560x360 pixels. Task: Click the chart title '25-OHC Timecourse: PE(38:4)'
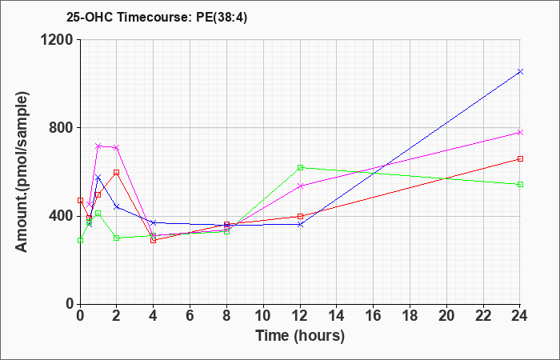[157, 17]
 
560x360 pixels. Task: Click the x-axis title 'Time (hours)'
[300, 336]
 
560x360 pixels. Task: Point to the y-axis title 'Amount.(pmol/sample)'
[22, 172]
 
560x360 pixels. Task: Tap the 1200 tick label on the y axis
[56, 39]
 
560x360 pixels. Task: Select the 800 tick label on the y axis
[60, 127]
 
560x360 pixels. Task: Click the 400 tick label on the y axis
[60, 216]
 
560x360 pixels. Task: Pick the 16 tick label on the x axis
[374, 316]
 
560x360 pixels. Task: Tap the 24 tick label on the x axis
[520, 316]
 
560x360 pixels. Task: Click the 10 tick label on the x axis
[263, 316]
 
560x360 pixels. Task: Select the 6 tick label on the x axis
[190, 316]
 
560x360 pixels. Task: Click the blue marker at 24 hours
[520, 72]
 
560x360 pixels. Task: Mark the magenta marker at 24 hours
[520, 133]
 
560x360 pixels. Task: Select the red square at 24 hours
[520, 159]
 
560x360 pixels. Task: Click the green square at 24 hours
[520, 184]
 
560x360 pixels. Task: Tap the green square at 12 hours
[300, 167]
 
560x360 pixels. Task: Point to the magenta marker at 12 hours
[300, 186]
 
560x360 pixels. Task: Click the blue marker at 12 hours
[300, 225]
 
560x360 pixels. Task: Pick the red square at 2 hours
[117, 173]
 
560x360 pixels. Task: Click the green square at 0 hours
[80, 240]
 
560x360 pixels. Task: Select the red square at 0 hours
[80, 200]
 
